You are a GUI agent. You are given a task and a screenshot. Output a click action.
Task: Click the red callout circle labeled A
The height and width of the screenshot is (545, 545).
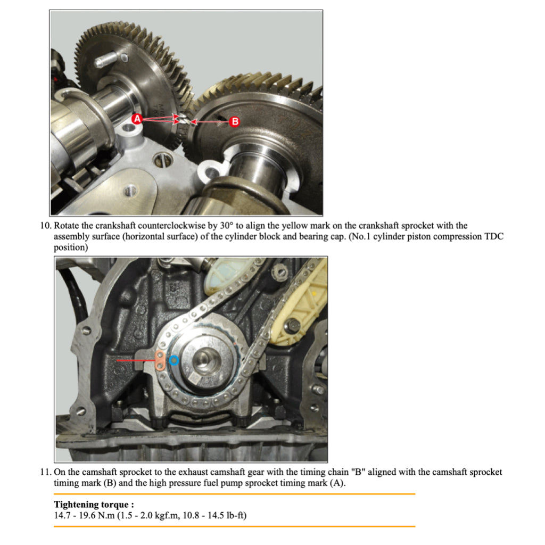click(x=137, y=119)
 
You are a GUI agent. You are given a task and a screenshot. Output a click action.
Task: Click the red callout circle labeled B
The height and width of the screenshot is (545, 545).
click(x=234, y=122)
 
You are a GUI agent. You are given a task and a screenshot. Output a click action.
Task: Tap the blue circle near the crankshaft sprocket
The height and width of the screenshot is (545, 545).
click(x=174, y=361)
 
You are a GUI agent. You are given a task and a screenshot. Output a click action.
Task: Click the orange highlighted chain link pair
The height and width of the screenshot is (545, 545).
click(x=159, y=359)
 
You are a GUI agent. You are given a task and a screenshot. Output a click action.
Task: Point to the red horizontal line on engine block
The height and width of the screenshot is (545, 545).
click(x=135, y=360)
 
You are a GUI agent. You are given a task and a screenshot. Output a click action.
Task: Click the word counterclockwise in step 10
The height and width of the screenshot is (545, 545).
click(x=175, y=226)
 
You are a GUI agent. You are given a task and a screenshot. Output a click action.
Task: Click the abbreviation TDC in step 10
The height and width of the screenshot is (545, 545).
click(x=494, y=237)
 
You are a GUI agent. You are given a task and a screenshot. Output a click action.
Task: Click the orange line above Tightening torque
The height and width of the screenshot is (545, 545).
click(x=234, y=494)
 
